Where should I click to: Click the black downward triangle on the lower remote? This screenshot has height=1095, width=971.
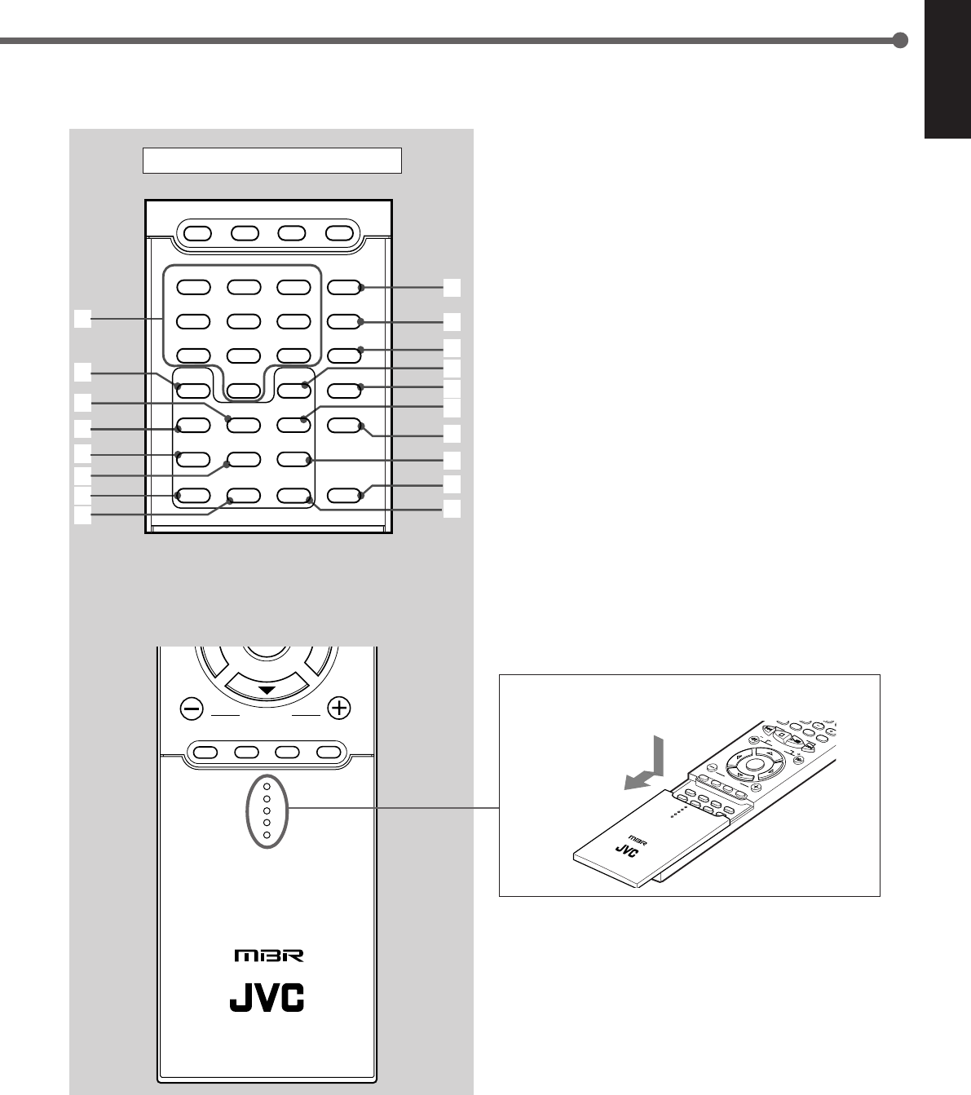tap(266, 691)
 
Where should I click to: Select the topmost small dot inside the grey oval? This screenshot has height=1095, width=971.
tap(267, 788)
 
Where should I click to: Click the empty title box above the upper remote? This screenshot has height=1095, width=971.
tap(272, 161)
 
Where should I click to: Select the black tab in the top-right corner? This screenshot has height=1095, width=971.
tap(947, 69)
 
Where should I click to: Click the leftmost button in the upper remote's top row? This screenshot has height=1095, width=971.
tap(198, 233)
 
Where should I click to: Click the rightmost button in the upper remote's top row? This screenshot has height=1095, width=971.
tap(338, 233)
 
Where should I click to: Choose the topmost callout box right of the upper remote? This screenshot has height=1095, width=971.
tap(452, 287)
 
